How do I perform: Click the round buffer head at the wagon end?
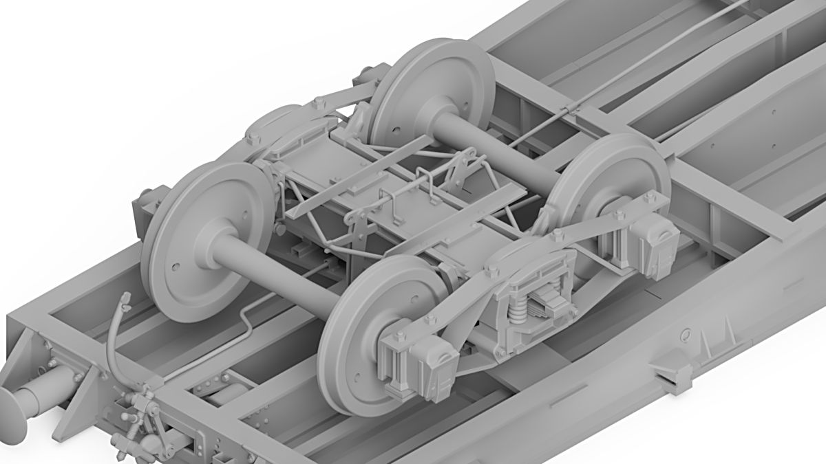point(12,412)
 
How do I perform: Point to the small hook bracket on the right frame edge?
point(671,375)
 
